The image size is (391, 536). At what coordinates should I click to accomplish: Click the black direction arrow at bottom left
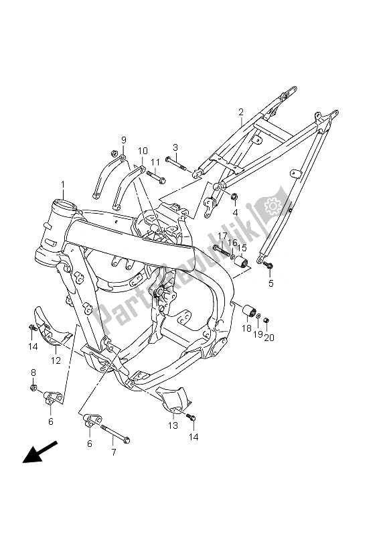tap(40, 452)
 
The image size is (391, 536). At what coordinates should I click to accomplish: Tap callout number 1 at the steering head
tap(63, 185)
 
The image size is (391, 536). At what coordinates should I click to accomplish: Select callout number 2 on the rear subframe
tap(241, 112)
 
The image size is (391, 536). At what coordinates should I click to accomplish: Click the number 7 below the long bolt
tap(114, 453)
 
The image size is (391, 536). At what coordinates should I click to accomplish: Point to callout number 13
tap(173, 425)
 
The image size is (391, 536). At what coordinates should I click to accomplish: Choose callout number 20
tap(269, 338)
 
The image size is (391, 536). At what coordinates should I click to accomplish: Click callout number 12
tap(56, 360)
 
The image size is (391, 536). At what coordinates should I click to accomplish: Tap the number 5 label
tap(270, 283)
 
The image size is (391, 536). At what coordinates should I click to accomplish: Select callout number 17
tap(222, 236)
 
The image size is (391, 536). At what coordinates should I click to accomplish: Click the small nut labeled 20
tap(267, 320)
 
